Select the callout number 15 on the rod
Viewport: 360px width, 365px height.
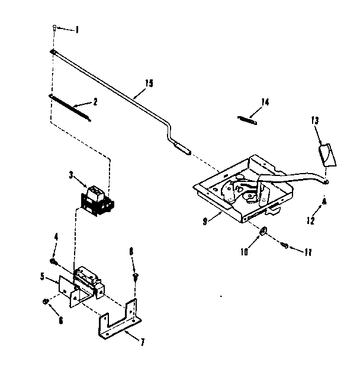[x=149, y=83]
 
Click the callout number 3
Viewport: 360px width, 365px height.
[x=70, y=175]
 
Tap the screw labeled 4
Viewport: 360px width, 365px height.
[x=53, y=261]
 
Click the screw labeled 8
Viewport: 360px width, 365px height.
[x=136, y=275]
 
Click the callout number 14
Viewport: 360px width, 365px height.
[x=264, y=102]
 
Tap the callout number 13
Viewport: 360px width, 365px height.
[x=314, y=120]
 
